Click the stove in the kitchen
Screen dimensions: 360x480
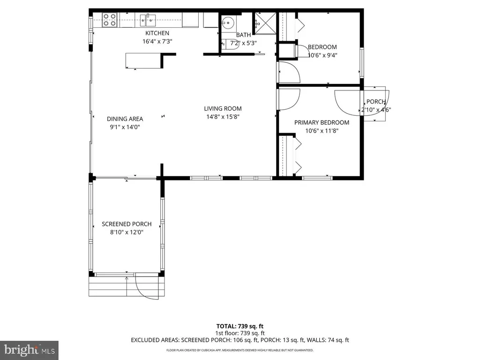pyautogui.click(x=110, y=20)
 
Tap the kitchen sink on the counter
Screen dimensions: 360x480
pyautogui.click(x=147, y=19)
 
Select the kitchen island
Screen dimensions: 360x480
pyautogui.click(x=142, y=60)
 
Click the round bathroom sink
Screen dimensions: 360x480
pyautogui.click(x=228, y=22)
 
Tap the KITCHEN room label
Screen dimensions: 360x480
pyautogui.click(x=157, y=33)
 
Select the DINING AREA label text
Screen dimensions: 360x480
pyautogui.click(x=125, y=119)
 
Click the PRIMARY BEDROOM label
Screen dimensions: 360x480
pyautogui.click(x=322, y=123)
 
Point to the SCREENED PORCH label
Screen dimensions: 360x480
pyautogui.click(x=127, y=224)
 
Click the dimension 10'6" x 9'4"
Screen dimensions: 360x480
pyautogui.click(x=322, y=55)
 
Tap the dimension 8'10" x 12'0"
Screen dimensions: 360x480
pyautogui.click(x=123, y=232)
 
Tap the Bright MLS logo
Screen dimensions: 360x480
pyautogui.click(x=29, y=349)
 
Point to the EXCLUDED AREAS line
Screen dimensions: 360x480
pyautogui.click(x=240, y=340)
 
